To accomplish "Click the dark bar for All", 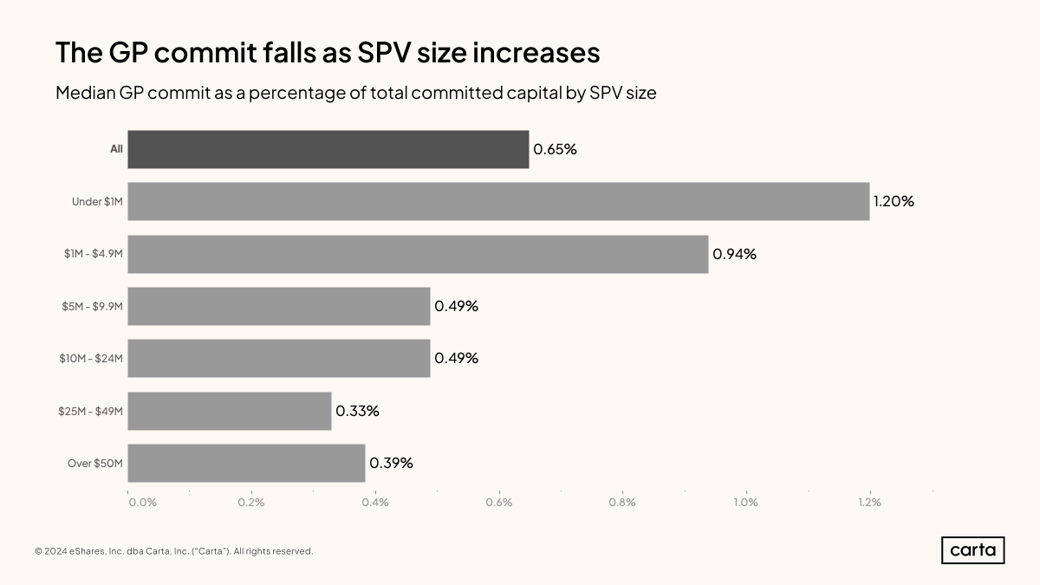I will pyautogui.click(x=328, y=149).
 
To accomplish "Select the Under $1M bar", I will pyautogui.click(x=498, y=201).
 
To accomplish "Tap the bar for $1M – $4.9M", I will pyautogui.click(x=418, y=254).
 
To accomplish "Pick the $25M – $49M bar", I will pyautogui.click(x=230, y=411).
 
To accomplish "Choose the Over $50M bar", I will pyautogui.click(x=246, y=463).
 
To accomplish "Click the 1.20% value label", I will pyautogui.click(x=894, y=201).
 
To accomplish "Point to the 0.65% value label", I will pyautogui.click(x=555, y=149).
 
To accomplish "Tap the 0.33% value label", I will pyautogui.click(x=357, y=411).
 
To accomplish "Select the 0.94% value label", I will pyautogui.click(x=734, y=254).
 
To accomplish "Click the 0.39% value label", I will pyautogui.click(x=391, y=463).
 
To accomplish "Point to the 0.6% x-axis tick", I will pyautogui.click(x=499, y=503).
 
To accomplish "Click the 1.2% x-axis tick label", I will pyautogui.click(x=869, y=503).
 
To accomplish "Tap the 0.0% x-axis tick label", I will pyautogui.click(x=142, y=503).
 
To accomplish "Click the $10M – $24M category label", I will pyautogui.click(x=91, y=359).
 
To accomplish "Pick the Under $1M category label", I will pyautogui.click(x=97, y=202).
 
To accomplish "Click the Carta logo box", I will pyautogui.click(x=972, y=550).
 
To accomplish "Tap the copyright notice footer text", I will pyautogui.click(x=173, y=551).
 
